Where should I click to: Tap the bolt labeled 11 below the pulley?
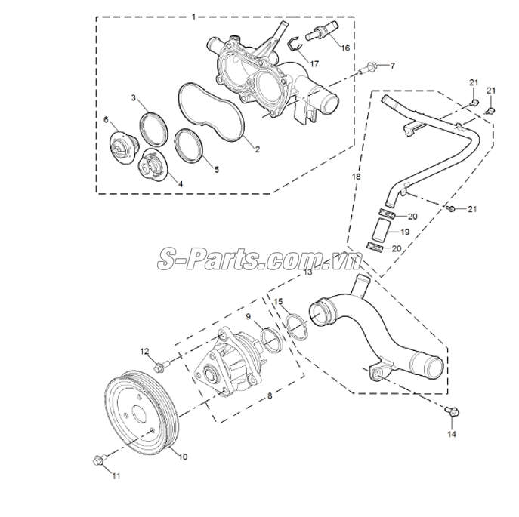tap(99, 460)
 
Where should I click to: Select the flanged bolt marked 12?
tap(159, 368)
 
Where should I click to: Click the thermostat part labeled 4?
tap(153, 165)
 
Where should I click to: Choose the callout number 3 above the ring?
tap(134, 98)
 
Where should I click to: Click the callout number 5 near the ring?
tap(216, 171)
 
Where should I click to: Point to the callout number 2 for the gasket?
tap(257, 149)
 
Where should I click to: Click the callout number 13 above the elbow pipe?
tap(307, 273)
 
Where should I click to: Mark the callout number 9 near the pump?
tap(247, 316)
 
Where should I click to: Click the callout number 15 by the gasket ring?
tap(279, 302)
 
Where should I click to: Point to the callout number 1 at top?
tap(193, 16)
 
